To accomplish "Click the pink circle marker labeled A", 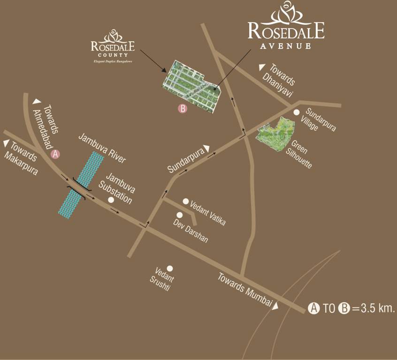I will [55, 154].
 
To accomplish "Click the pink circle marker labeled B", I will [183, 108].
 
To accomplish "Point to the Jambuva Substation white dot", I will [111, 200].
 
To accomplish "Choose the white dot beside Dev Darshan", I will [179, 215].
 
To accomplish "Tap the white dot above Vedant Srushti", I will [170, 269].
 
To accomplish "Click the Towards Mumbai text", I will [244, 291].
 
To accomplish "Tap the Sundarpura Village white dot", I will [297, 112].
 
